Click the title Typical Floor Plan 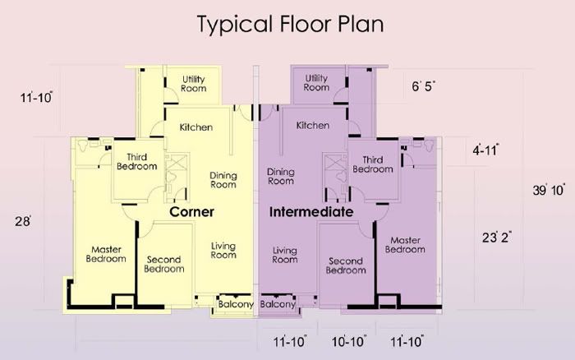pyautogui.click(x=291, y=25)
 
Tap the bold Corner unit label pyautogui.click(x=191, y=212)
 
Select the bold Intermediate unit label pyautogui.click(x=311, y=212)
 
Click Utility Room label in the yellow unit pyautogui.click(x=194, y=84)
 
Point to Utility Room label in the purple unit pyautogui.click(x=316, y=82)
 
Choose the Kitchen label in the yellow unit pyautogui.click(x=196, y=127)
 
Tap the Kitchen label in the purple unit pyautogui.click(x=313, y=125)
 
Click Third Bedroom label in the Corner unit pyautogui.click(x=137, y=162)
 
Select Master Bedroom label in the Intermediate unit pyautogui.click(x=405, y=245)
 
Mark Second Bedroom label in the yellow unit pyautogui.click(x=164, y=264)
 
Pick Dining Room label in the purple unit pyautogui.click(x=281, y=176)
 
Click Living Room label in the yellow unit pyautogui.click(x=223, y=251)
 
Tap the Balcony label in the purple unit pyautogui.click(x=278, y=304)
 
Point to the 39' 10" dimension pyautogui.click(x=549, y=190)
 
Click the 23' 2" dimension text pyautogui.click(x=497, y=237)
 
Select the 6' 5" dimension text pyautogui.click(x=424, y=86)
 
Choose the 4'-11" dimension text pyautogui.click(x=485, y=150)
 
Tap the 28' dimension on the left pyautogui.click(x=23, y=221)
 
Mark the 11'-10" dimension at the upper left pyautogui.click(x=36, y=98)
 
